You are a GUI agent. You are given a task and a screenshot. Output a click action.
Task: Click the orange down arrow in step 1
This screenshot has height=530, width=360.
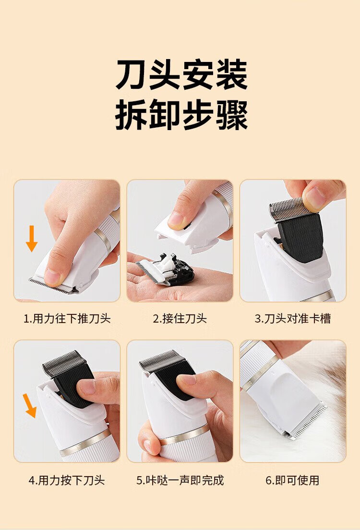click(x=32, y=238)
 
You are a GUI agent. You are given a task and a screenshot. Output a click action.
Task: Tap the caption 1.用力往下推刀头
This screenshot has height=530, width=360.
click(x=67, y=318)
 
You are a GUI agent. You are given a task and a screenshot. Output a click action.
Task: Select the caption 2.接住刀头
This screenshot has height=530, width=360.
click(x=180, y=318)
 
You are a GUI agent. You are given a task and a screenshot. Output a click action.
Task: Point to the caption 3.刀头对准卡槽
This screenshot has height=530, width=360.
click(x=292, y=318)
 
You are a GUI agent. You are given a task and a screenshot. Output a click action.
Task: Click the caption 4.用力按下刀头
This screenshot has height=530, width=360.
click(x=67, y=480)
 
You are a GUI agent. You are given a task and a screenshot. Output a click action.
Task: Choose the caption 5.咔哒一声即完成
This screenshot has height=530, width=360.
click(x=180, y=480)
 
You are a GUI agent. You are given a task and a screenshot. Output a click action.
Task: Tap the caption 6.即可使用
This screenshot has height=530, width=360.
click(x=292, y=480)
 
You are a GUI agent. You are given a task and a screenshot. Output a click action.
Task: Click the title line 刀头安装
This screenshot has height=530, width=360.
click(x=181, y=74)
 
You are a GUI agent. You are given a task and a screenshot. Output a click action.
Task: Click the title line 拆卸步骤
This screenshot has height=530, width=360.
click(x=181, y=115)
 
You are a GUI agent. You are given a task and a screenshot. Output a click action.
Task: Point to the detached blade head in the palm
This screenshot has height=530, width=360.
click(x=166, y=269)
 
